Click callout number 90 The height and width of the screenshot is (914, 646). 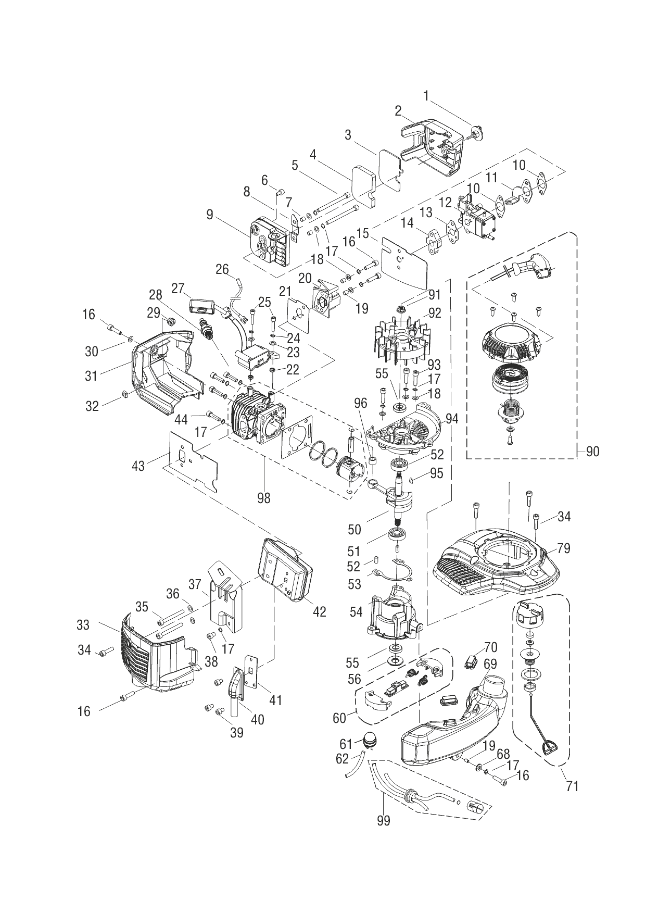coord(592,452)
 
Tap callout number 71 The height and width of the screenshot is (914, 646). coord(572,785)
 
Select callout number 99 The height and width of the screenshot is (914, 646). coord(384,821)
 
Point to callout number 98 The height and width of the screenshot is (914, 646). coord(264,498)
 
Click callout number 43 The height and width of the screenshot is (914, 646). coord(138,465)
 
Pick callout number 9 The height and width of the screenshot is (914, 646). coord(209,215)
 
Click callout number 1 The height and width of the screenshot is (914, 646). coord(426,96)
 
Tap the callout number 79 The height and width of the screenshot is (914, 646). coord(563,548)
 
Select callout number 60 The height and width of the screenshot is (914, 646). coord(340,718)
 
